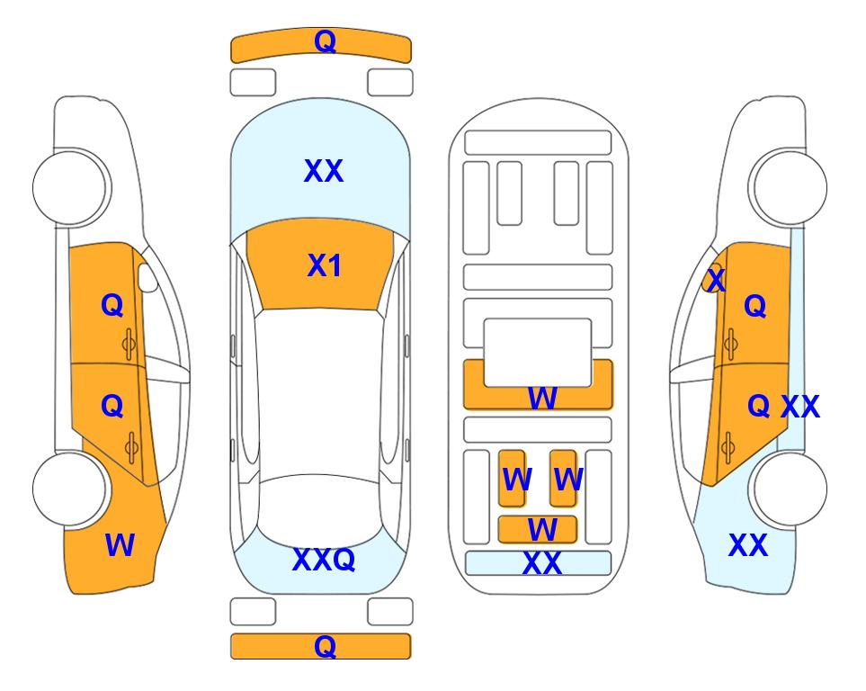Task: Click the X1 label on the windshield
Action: (325, 265)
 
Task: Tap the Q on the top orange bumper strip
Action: (326, 41)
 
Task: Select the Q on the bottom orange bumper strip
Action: (326, 646)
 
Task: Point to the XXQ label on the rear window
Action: (324, 560)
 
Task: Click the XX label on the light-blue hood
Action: (324, 171)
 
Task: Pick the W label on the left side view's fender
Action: (120, 545)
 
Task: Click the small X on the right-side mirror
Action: (717, 280)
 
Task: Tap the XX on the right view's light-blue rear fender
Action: (748, 545)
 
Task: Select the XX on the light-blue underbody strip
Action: (542, 563)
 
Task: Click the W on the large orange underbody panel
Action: (542, 398)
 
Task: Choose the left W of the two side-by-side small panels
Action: (517, 480)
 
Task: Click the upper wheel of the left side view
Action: (69, 187)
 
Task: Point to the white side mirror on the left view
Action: (147, 277)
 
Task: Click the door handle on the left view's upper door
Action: (129, 345)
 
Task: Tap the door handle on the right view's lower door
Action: (728, 448)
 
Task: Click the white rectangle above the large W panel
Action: (538, 353)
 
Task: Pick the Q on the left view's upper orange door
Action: (112, 305)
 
